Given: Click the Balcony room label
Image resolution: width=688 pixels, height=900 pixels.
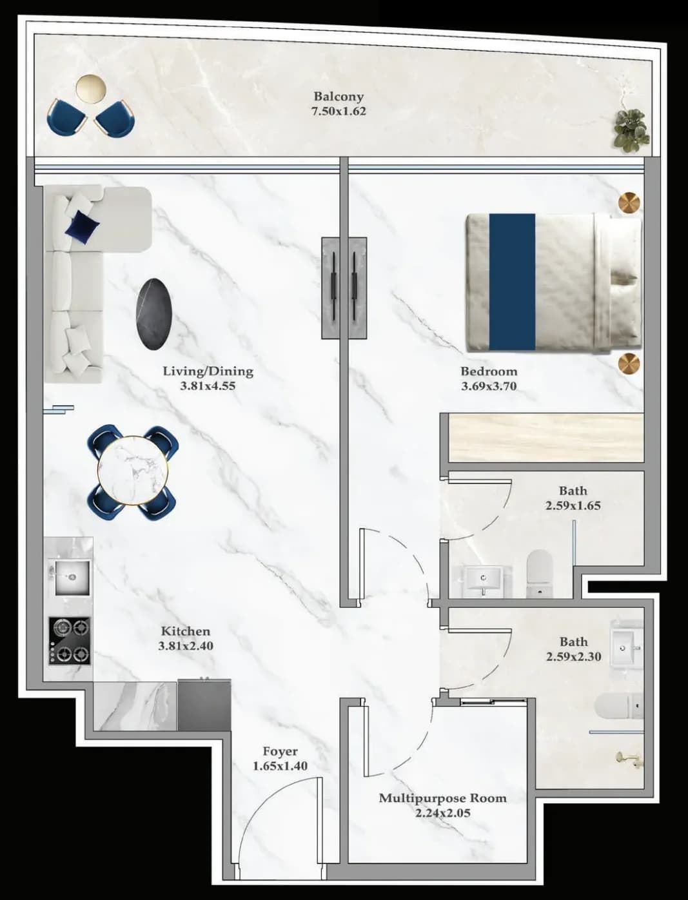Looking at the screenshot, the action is point(339,97).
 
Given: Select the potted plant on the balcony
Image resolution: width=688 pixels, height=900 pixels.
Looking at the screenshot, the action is point(631,130).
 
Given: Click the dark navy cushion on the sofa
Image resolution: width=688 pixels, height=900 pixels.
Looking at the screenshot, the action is point(83,225).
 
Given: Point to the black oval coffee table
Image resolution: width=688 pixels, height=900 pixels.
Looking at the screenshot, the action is point(153,315).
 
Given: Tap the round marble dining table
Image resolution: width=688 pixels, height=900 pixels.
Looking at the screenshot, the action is point(133,470).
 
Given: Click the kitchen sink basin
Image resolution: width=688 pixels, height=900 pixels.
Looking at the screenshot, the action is point(72,577).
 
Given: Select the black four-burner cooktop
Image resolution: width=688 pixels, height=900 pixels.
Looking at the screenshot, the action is point(69,641).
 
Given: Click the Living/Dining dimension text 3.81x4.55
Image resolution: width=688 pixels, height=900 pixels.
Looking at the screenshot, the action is point(208,386).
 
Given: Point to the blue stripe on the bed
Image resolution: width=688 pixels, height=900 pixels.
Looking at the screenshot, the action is point(512,282).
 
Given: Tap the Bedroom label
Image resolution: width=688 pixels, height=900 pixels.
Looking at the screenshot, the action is point(489,371).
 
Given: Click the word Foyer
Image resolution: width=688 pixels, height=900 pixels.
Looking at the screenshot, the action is point(280,751).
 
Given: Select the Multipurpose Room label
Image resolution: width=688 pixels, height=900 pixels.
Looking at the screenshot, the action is point(442,798).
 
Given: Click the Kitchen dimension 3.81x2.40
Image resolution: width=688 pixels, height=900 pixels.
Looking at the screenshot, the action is point(186,646).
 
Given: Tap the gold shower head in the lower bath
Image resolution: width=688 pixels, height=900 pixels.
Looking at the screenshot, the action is point(625,758).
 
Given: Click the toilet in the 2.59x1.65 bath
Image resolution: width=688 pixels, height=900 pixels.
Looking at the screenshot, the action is point(540,573).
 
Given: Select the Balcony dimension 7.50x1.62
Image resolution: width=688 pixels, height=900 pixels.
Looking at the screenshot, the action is point(339,111).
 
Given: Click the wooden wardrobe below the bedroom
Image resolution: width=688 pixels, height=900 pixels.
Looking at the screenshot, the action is point(546,438).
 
